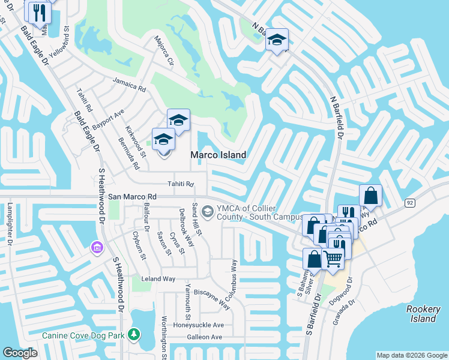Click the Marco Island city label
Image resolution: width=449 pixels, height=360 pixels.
point(218,155)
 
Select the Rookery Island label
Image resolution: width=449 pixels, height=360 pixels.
point(424,314)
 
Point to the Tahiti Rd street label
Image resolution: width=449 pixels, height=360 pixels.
point(181,184)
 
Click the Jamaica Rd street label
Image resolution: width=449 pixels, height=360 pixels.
point(129,85)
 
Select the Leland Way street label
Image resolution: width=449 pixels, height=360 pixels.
point(158,279)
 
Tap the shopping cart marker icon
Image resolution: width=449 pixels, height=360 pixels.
point(333,258)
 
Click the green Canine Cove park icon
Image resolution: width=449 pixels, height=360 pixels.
point(136,333)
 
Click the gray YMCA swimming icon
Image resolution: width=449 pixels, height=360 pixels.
point(207,211)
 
